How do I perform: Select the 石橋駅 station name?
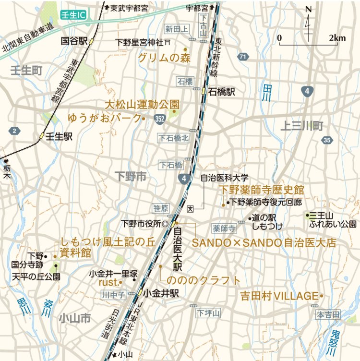222,92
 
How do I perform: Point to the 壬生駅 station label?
59,136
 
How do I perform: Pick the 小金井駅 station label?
161,292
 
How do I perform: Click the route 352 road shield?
160,118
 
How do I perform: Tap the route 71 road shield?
244,57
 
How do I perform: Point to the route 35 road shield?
327,140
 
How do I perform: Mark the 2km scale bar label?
337,38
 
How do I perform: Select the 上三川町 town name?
302,126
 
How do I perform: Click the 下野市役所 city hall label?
141,223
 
